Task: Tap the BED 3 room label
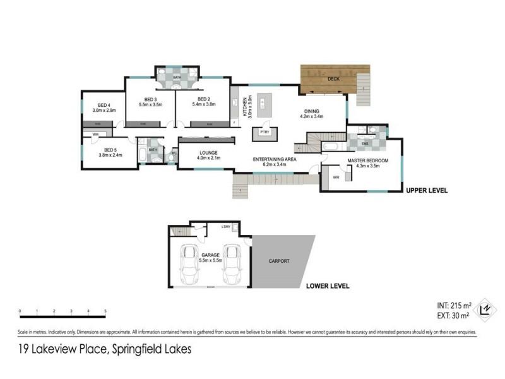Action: tap(150, 100)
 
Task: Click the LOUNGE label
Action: tap(208, 152)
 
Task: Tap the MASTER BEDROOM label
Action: tap(367, 161)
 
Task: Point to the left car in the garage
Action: tap(188, 263)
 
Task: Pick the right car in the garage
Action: tap(231, 263)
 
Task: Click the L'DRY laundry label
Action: tap(225, 227)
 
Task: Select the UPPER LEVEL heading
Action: tap(427, 189)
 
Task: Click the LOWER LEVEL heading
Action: tap(328, 286)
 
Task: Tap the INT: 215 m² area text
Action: tap(449, 305)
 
